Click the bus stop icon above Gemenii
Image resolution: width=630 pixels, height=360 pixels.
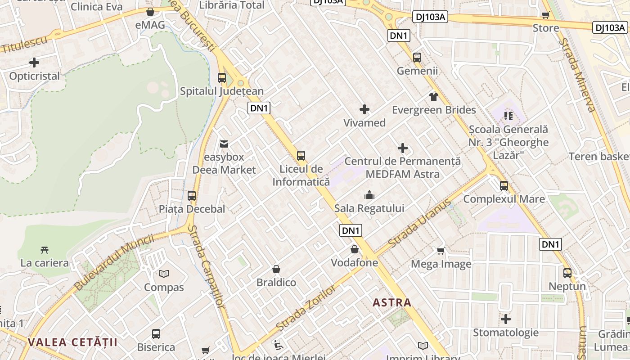(417, 58)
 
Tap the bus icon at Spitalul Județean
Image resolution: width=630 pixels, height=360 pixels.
(222, 77)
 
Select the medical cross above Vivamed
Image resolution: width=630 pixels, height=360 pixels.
(364, 109)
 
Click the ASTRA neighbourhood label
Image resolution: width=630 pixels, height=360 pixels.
(392, 302)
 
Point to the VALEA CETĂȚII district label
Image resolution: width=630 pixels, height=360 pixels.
(72, 342)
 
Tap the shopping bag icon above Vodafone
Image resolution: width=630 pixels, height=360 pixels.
(355, 249)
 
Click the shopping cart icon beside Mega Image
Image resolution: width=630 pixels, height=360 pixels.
(441, 251)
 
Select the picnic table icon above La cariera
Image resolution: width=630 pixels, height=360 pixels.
(44, 250)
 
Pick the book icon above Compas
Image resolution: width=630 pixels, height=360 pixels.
(164, 274)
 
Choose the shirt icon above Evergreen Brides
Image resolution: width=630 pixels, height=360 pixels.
(434, 96)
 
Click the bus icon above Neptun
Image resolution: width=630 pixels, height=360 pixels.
(567, 273)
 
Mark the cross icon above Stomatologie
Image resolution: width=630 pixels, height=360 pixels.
(506, 319)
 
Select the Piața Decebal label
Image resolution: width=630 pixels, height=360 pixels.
(192, 209)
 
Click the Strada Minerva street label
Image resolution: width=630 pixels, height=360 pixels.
(577, 74)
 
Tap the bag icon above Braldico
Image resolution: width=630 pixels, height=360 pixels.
(276, 269)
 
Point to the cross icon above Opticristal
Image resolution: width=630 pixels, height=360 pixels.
(34, 63)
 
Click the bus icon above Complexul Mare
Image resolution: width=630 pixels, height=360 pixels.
(504, 185)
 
